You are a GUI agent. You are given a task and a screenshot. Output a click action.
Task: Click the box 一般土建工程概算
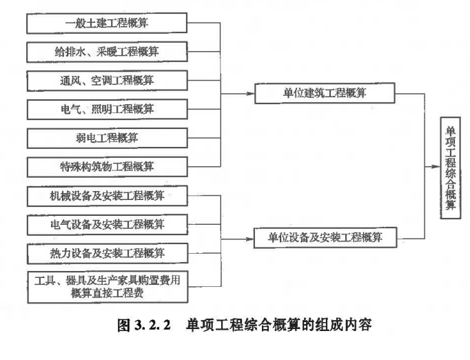tap(107, 23)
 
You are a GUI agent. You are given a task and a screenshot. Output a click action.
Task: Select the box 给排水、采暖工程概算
tap(107, 52)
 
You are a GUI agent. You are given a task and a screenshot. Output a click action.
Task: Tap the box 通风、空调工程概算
tap(107, 81)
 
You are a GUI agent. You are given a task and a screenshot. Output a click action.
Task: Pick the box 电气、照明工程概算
tap(108, 109)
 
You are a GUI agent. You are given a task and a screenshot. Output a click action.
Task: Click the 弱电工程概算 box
tap(108, 138)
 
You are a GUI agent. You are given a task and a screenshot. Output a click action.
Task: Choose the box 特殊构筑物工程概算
tap(108, 167)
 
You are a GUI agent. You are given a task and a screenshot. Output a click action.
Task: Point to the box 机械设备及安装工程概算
tap(108, 196)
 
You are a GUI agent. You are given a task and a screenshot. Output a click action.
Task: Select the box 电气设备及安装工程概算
tap(108, 224)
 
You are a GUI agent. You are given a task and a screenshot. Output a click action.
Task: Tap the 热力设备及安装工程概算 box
tap(108, 254)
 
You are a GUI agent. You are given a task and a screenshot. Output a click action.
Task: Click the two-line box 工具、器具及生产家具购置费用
tap(108, 287)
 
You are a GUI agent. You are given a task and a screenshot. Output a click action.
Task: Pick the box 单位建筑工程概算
tap(325, 93)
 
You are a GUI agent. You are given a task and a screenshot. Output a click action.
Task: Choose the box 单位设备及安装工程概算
tap(325, 238)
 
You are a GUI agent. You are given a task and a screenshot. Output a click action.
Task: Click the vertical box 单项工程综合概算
tap(450, 168)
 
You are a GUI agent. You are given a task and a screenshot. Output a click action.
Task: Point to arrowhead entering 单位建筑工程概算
tap(251, 94)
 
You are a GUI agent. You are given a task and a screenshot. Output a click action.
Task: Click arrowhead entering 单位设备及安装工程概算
tap(250, 239)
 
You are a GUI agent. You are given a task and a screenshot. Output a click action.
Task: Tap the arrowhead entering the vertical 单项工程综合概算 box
tap(436, 166)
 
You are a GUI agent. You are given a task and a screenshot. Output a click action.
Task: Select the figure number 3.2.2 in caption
tap(152, 326)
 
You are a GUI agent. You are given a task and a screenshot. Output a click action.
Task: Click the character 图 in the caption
tap(124, 326)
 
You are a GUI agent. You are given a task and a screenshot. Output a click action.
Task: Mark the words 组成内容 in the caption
tap(343, 325)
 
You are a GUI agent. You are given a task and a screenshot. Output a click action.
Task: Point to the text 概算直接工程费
tap(108, 293)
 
